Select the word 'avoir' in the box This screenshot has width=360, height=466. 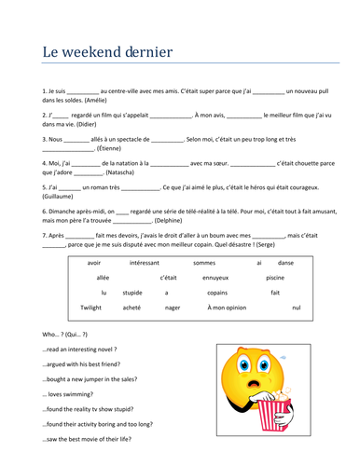click(x=93, y=263)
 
